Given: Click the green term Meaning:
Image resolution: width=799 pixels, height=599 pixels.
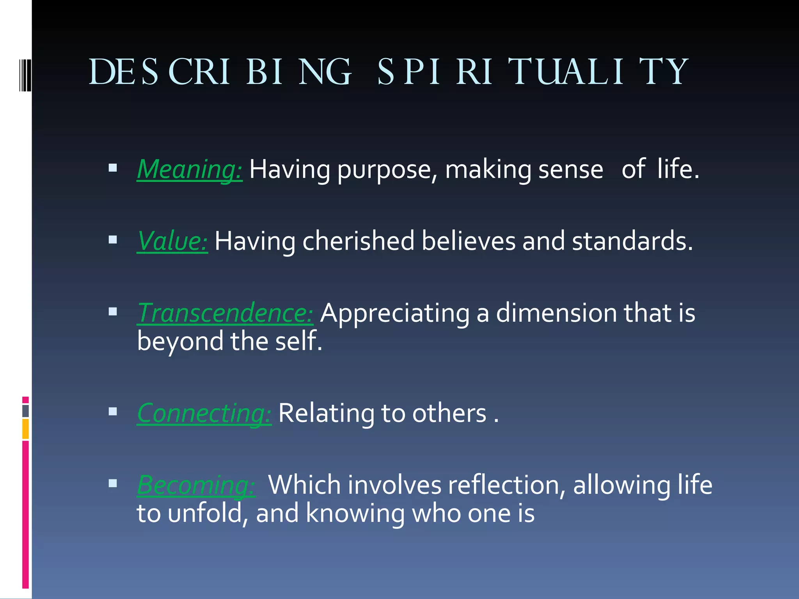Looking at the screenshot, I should click(190, 169).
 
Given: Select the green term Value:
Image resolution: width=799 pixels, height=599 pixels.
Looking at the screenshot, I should click(172, 241).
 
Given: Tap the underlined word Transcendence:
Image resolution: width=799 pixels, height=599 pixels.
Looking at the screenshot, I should click(225, 313).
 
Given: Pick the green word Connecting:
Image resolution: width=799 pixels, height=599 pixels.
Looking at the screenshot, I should click(204, 413).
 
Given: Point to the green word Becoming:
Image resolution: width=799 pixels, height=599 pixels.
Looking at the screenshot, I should click(196, 485).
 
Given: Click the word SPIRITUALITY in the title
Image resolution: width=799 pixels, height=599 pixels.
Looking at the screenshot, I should click(533, 72).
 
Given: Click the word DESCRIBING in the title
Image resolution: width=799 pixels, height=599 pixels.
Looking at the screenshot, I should click(220, 72).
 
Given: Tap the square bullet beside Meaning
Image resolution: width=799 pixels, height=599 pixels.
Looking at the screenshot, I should click(113, 168).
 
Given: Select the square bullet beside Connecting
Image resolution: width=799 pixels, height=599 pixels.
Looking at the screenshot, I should click(113, 411).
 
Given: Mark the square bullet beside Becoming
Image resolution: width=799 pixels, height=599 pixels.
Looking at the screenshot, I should click(113, 484).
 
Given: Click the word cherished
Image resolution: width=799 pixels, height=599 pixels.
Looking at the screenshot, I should click(358, 241).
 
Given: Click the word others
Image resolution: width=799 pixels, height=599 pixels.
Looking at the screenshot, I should click(449, 413).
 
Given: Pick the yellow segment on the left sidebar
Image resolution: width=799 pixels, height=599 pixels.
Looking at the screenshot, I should click(25, 429).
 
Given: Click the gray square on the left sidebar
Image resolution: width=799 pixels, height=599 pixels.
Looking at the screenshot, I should click(25, 411).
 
